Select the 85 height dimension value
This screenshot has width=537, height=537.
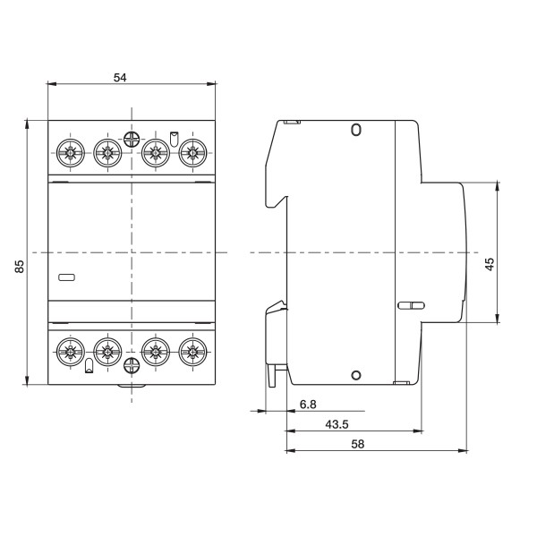point(20,266)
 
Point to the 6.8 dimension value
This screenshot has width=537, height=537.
point(307,405)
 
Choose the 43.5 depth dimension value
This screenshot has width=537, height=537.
point(312,423)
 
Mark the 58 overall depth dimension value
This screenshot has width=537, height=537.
point(358,443)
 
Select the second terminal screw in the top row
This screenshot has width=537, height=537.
point(107,153)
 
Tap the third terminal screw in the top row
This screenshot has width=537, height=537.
point(156,153)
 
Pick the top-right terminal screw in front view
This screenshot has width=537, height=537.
point(191,153)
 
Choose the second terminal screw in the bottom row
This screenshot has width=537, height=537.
point(107,349)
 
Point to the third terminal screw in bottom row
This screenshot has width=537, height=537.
point(156,349)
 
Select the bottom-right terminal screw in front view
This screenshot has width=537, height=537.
point(191,349)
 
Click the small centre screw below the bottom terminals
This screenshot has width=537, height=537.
point(131,364)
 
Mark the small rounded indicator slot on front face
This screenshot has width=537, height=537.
point(66,277)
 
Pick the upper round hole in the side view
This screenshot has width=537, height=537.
point(355,131)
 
